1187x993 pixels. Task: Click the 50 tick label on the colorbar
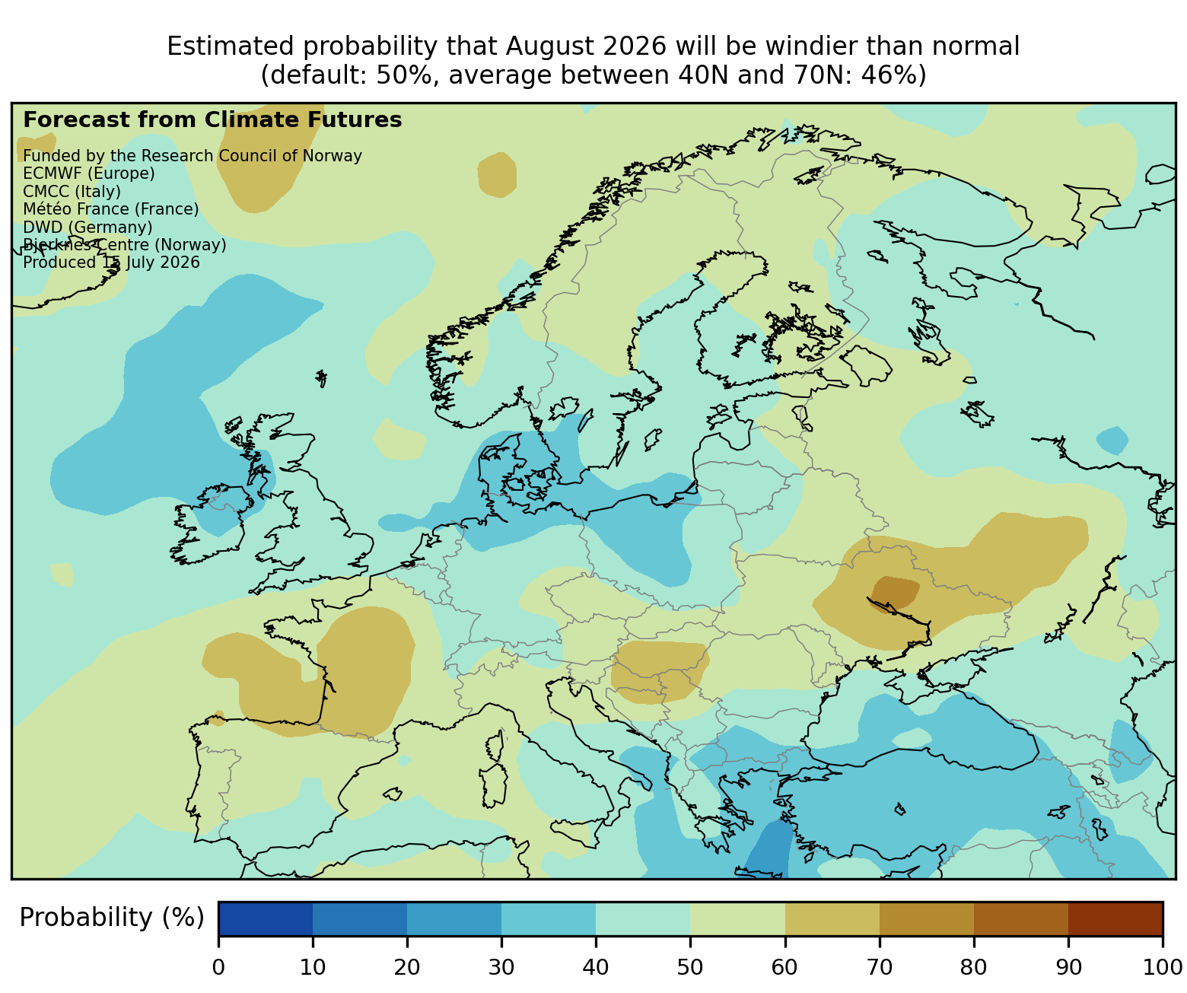tap(689, 967)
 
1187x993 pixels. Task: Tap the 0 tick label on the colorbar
tap(218, 967)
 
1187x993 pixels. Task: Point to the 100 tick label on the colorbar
tap(1162, 967)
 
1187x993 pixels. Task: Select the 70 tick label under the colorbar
tap(879, 967)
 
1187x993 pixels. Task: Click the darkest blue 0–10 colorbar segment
tap(266, 918)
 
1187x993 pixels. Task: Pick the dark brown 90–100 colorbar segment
tap(1115, 918)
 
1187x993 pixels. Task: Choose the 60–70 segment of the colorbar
tap(832, 918)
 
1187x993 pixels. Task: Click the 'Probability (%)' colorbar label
tap(111, 918)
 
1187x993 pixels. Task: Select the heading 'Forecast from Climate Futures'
tap(212, 120)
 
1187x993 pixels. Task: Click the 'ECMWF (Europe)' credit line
tap(89, 173)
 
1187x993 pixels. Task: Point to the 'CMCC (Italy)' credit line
tap(72, 192)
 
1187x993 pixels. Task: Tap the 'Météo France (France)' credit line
tap(111, 209)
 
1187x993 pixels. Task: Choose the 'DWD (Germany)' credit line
tap(88, 228)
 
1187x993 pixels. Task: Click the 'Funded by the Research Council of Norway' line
tap(193, 156)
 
